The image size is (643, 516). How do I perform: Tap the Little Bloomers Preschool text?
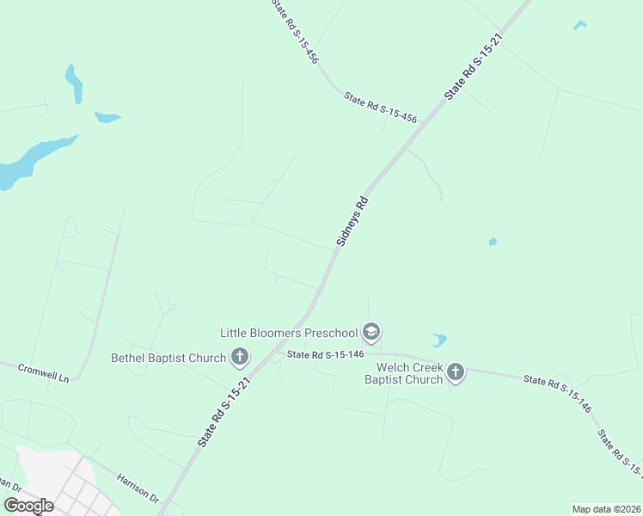click(288, 333)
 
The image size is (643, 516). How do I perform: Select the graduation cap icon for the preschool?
click(371, 332)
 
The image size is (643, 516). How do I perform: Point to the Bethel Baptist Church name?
click(168, 358)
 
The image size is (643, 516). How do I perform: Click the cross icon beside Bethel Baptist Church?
click(240, 357)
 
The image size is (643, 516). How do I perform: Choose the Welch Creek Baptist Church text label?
click(403, 373)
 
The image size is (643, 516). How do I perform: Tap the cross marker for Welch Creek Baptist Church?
click(456, 372)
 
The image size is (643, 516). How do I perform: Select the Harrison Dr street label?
click(138, 487)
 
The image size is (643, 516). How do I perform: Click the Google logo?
click(28, 506)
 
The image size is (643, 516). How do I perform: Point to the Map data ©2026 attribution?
click(606, 509)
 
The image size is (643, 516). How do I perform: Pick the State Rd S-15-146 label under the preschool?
click(327, 353)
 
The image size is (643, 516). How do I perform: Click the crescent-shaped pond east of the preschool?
click(438, 341)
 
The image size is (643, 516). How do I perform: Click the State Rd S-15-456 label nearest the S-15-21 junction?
click(380, 108)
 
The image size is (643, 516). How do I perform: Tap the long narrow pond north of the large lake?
click(74, 83)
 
